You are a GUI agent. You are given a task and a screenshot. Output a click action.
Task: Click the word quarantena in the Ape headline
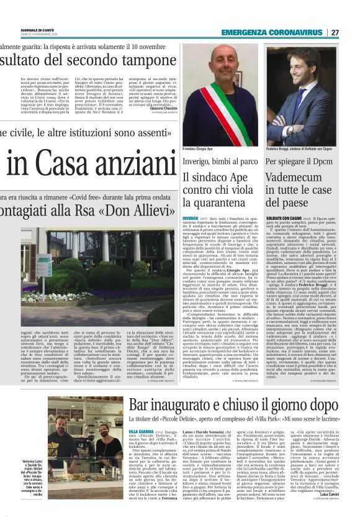point(209,202)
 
